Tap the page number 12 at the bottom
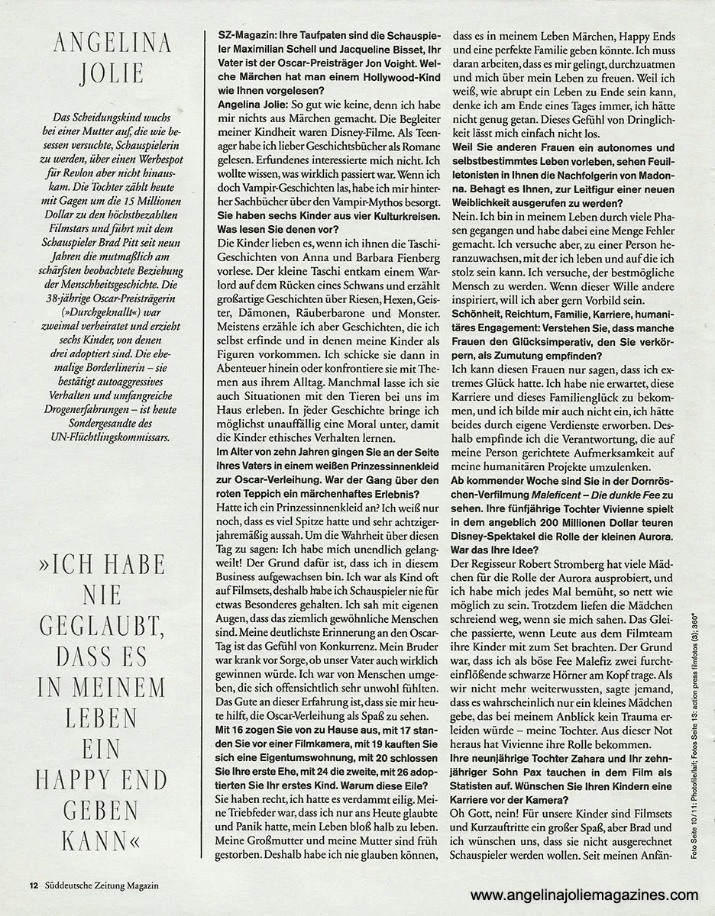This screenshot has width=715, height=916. pyautogui.click(x=33, y=885)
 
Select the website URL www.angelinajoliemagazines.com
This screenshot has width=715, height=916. pyautogui.click(x=584, y=895)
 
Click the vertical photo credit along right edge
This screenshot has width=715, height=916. pyautogui.click(x=694, y=733)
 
